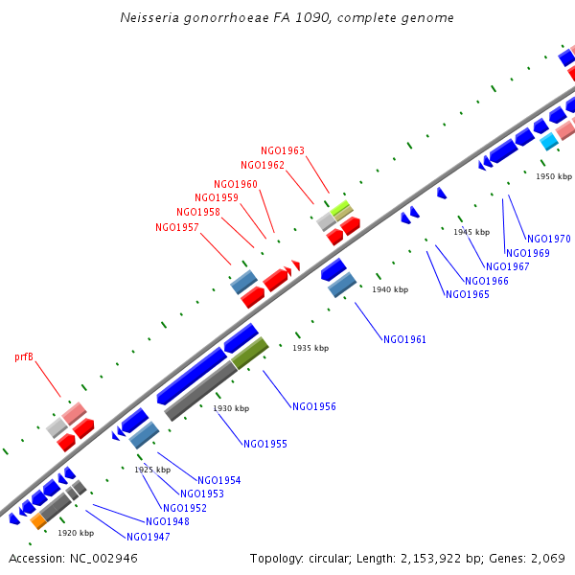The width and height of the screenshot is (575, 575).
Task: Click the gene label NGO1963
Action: click(283, 150)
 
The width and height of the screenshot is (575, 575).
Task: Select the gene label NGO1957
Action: click(176, 227)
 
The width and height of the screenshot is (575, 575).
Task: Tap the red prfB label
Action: click(24, 356)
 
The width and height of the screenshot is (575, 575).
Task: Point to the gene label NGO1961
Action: click(404, 339)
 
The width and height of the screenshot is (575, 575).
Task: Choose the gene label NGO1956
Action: click(314, 406)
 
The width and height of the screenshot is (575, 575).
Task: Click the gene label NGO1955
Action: click(265, 444)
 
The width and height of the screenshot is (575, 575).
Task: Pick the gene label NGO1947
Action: click(148, 537)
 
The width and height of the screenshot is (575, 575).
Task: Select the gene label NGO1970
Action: click(549, 239)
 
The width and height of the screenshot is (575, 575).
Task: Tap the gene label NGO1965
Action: click(468, 294)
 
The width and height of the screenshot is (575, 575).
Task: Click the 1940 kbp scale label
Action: click(390, 289)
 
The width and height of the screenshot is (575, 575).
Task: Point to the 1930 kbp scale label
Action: click(231, 408)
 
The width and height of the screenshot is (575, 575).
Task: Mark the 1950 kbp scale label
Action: click(554, 176)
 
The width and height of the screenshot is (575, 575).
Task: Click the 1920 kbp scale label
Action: click(76, 533)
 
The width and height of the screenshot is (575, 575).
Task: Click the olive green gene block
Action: click(249, 353)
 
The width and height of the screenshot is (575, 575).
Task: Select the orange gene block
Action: click(38, 521)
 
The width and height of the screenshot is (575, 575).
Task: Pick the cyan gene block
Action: click(549, 142)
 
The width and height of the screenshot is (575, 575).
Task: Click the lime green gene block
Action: click(341, 208)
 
